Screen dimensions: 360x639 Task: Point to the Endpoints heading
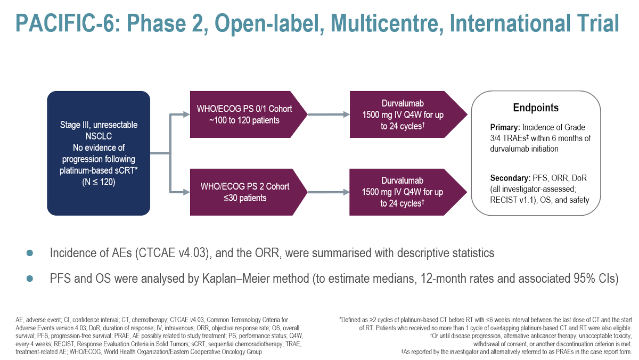tap(535, 108)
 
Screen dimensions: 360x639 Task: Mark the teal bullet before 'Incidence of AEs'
tap(30, 252)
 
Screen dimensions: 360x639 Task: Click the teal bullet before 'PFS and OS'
tap(30, 279)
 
